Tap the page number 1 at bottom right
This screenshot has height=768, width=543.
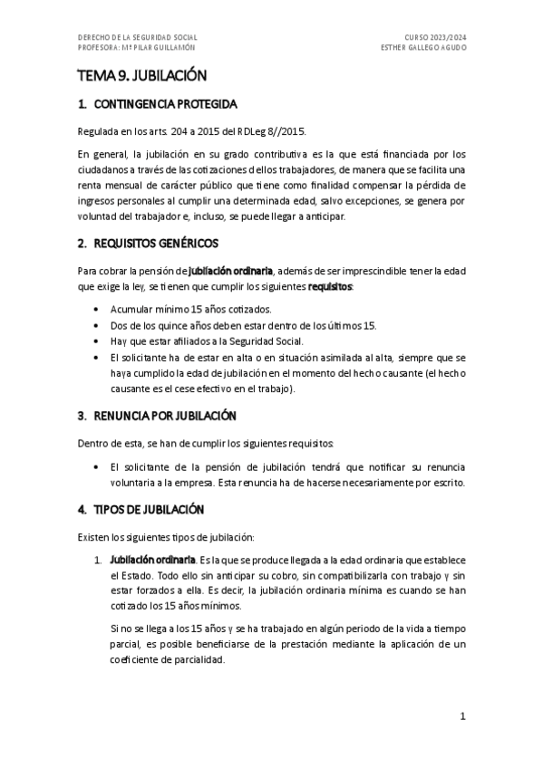(x=462, y=715)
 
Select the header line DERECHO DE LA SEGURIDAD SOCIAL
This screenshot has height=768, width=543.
(x=138, y=37)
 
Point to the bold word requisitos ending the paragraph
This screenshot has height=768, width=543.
(x=331, y=286)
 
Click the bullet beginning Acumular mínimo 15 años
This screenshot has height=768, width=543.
(x=97, y=310)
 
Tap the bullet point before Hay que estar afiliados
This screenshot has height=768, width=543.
(x=97, y=341)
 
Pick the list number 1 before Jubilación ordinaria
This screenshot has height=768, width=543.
(x=96, y=561)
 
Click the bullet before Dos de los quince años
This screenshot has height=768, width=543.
(x=97, y=325)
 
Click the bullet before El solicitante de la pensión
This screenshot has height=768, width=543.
(x=97, y=466)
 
